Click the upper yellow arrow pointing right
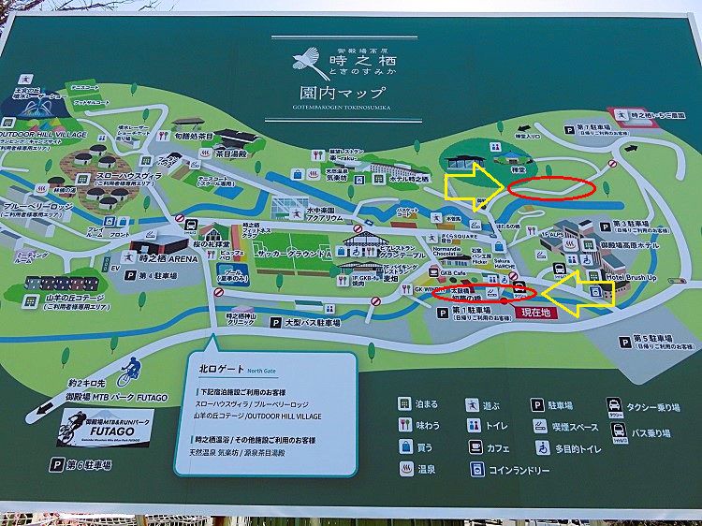coord(474,185)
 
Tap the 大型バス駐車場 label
coord(320,322)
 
